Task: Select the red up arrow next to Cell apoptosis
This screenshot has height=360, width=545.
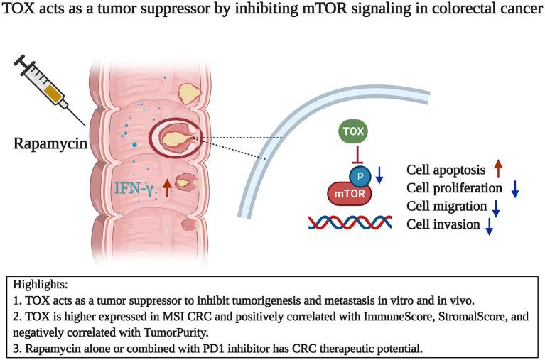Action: pyautogui.click(x=499, y=170)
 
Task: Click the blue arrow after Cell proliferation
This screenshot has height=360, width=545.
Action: pyautogui.click(x=515, y=189)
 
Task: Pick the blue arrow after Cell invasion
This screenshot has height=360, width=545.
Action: pyautogui.click(x=490, y=226)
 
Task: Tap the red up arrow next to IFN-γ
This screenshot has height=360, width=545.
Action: pyautogui.click(x=166, y=187)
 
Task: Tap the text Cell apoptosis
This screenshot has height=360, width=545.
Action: pyautogui.click(x=445, y=170)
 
